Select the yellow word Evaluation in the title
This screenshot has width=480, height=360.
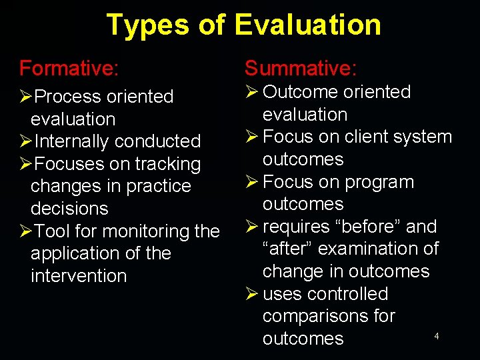pyautogui.click(x=307, y=25)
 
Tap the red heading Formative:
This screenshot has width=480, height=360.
pyautogui.click(x=69, y=68)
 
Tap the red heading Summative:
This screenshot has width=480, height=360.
pyautogui.click(x=301, y=68)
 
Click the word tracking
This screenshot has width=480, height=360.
pyautogui.click(x=167, y=164)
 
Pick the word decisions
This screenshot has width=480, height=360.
pyautogui.click(x=69, y=209)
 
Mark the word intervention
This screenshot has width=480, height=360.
pyautogui.click(x=79, y=276)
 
